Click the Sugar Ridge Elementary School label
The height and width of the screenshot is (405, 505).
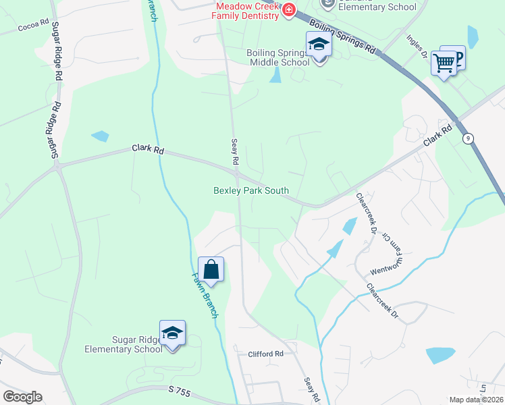pyautogui.click(x=124, y=344)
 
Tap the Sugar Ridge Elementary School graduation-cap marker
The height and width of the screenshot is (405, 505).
pyautogui.click(x=172, y=333)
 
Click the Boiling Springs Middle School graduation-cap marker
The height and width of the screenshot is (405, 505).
pyautogui.click(x=319, y=46)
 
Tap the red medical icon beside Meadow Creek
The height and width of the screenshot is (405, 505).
pyautogui.click(x=289, y=9)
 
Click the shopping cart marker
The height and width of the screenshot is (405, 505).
pyautogui.click(x=444, y=63)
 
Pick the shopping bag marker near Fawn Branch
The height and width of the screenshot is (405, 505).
pyautogui.click(x=211, y=269)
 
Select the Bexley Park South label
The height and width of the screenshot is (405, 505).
pyautogui.click(x=251, y=191)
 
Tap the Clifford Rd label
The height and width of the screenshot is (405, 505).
pyautogui.click(x=265, y=354)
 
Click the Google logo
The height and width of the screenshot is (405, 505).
pyautogui.click(x=22, y=397)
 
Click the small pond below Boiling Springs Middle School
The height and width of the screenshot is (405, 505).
pyautogui.click(x=275, y=75)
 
